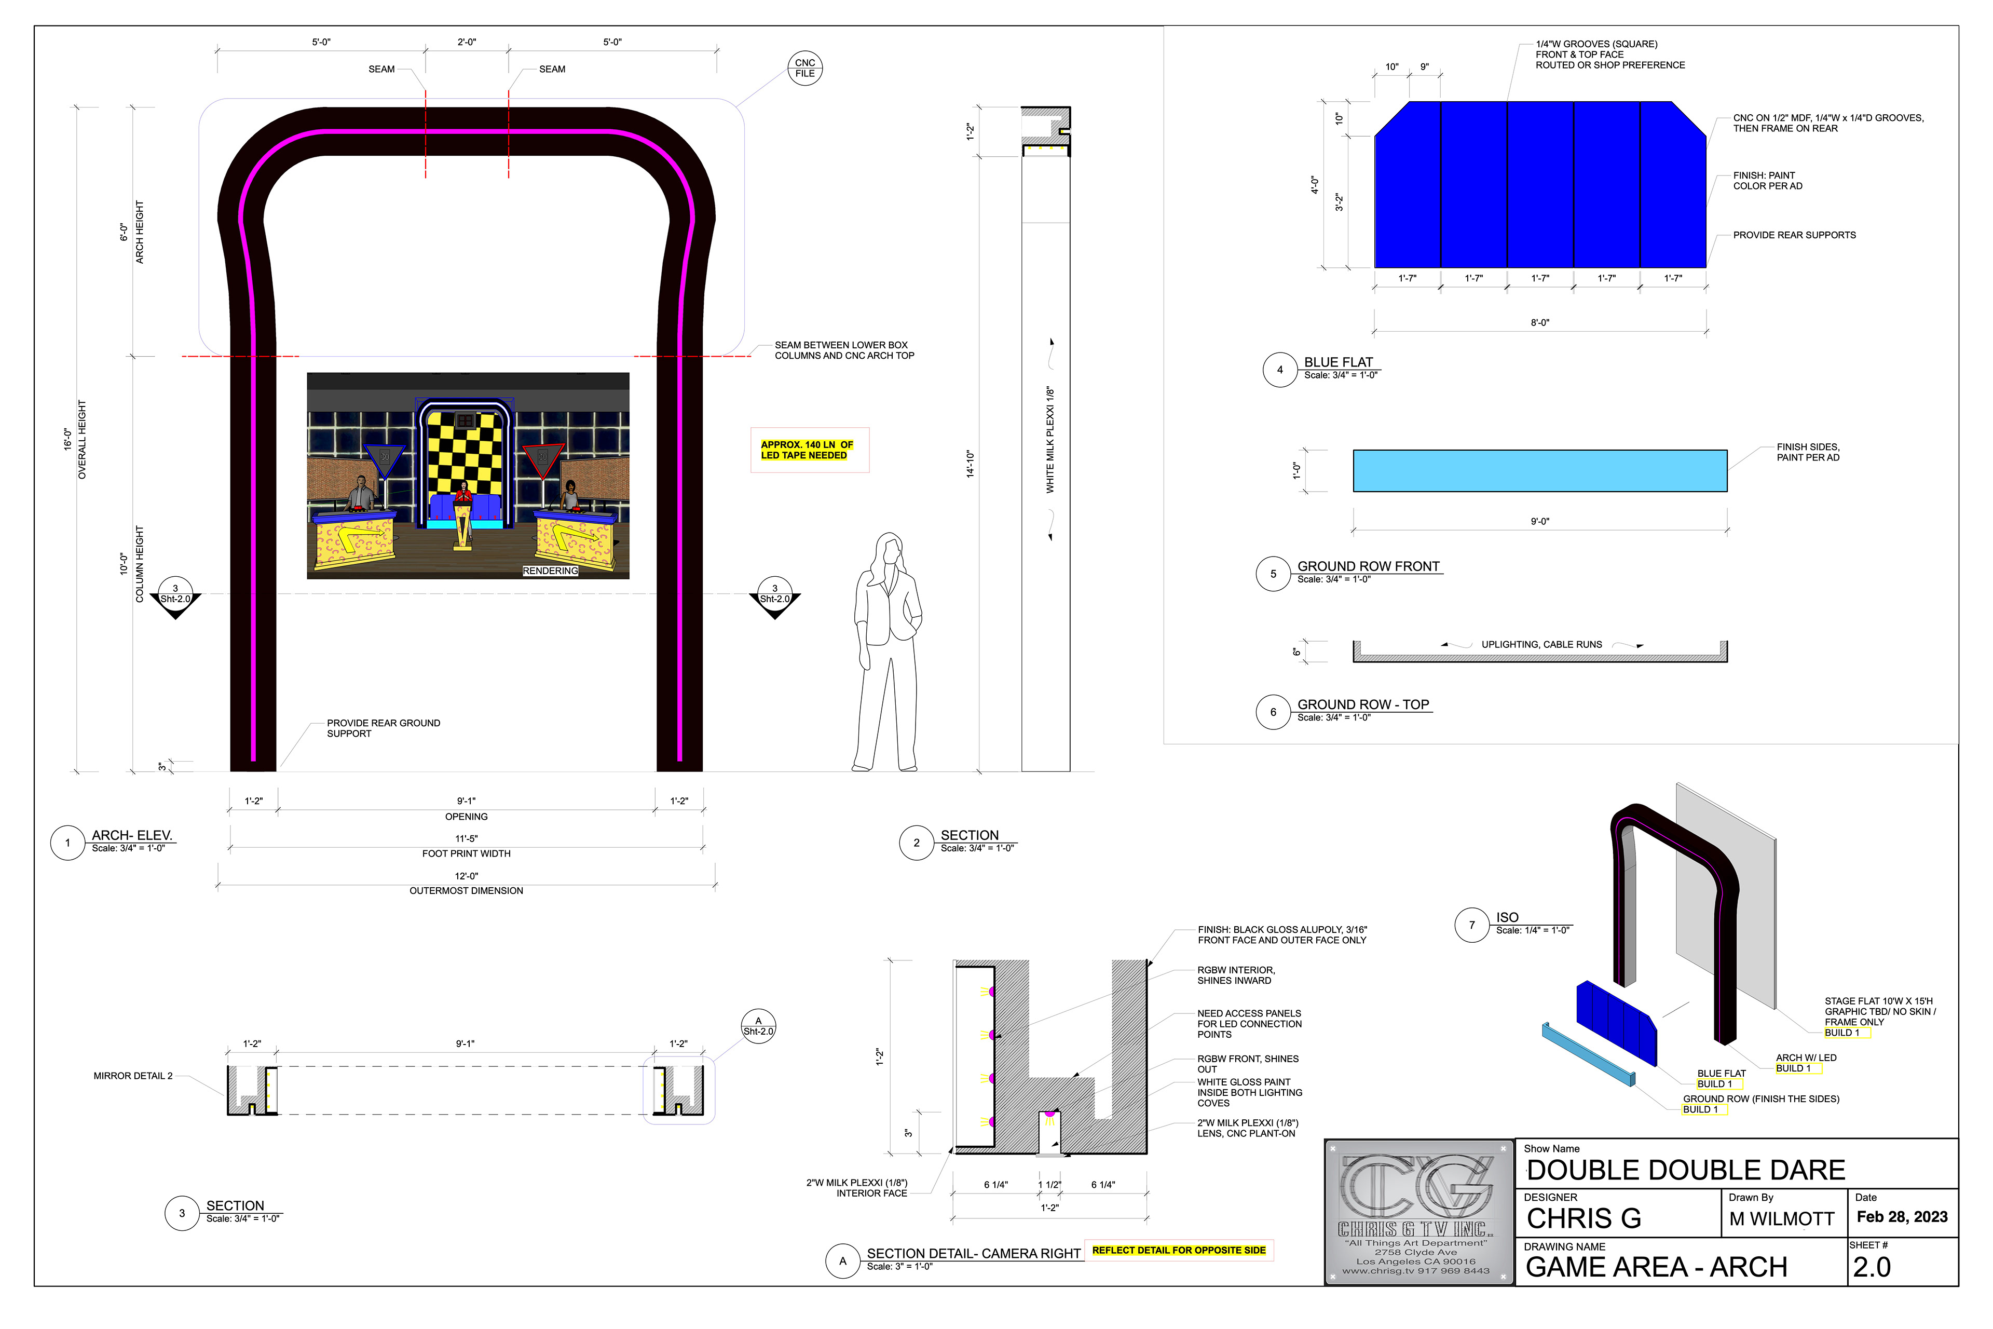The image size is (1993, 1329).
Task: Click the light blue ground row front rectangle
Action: pos(1540,470)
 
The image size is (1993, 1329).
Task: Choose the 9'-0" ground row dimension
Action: pos(1540,521)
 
